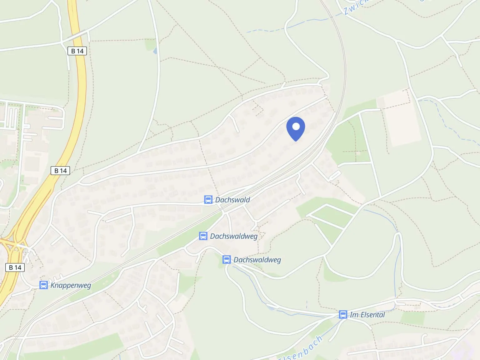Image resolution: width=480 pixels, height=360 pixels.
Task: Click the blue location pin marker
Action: (295, 129)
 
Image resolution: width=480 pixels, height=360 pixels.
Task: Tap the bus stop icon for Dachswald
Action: (208, 199)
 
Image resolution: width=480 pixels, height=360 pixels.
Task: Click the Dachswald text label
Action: (232, 199)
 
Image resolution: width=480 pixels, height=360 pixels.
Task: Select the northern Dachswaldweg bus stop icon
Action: (203, 236)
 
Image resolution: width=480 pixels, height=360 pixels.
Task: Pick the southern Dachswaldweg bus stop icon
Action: (227, 259)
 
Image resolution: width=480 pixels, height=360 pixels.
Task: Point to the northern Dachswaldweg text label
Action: (234, 236)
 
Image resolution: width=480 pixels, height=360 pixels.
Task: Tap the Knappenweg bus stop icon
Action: (43, 285)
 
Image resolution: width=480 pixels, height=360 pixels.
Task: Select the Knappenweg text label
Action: (71, 285)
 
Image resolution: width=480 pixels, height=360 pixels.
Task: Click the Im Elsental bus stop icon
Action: (343, 314)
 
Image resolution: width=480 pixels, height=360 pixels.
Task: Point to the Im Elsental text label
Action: (367, 314)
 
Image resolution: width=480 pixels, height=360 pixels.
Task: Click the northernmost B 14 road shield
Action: (77, 51)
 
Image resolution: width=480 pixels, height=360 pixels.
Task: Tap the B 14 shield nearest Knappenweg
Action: (15, 267)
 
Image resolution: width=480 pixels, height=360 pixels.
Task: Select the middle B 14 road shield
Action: (60, 171)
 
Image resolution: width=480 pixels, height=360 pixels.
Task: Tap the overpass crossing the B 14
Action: (76, 35)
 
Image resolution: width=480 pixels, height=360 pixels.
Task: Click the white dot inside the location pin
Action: (295, 127)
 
